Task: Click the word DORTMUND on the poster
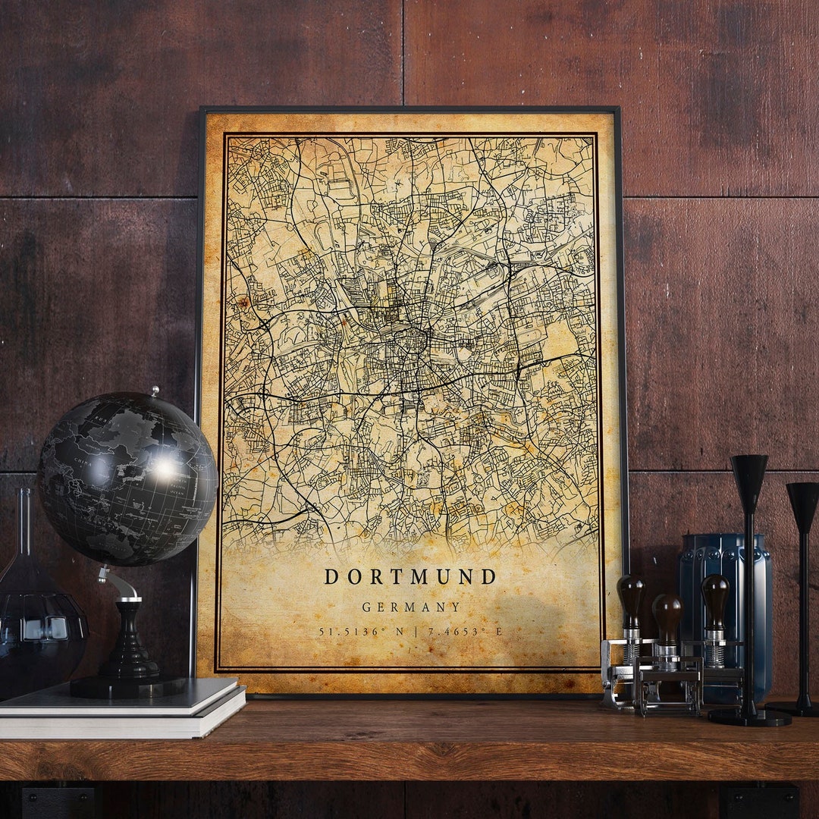click(x=410, y=577)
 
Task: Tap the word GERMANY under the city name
click(x=411, y=607)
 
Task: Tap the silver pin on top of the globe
click(x=155, y=392)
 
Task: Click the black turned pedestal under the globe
click(x=129, y=645)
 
